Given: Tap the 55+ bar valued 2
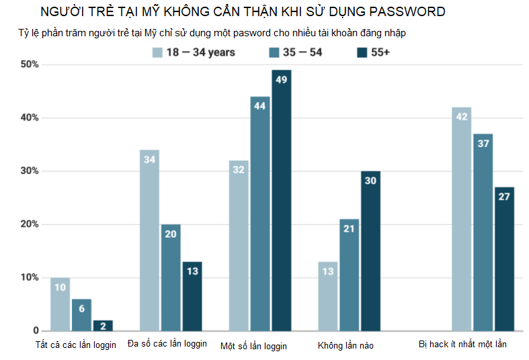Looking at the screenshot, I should [x=103, y=326].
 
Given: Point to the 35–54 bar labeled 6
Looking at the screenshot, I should [x=81, y=315].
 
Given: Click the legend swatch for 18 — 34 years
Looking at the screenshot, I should [x=158, y=52].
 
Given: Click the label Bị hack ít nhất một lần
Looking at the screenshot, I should [x=462, y=345].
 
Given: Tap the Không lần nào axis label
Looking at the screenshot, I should [x=345, y=345].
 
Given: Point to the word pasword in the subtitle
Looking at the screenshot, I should [x=253, y=32].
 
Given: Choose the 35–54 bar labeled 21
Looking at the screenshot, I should [x=349, y=275].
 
